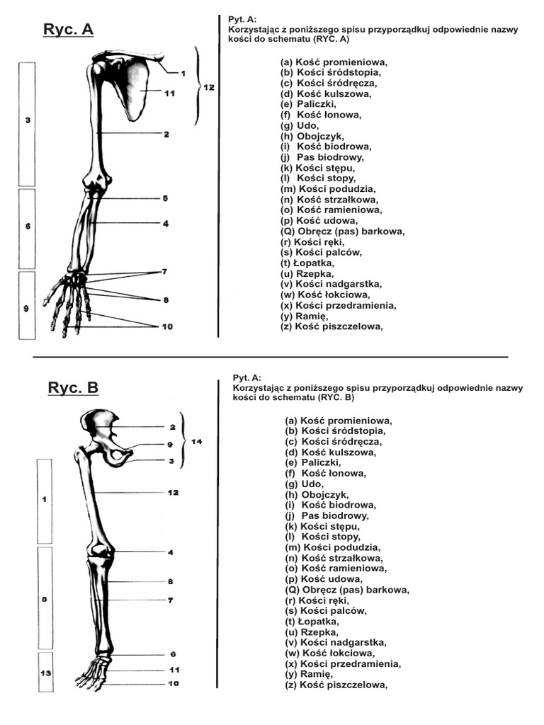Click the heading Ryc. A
point(68,29)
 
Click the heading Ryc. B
point(73,388)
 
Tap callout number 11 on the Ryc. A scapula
point(169,93)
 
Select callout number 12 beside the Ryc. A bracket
point(208,88)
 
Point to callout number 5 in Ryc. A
point(165,199)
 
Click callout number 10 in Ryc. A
point(167,326)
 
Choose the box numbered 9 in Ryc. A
point(27,309)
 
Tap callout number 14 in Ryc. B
point(196,442)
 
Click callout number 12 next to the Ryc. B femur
point(173,492)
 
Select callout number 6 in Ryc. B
point(173,654)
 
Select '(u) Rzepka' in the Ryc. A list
point(307,274)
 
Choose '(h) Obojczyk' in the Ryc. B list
point(314,494)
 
